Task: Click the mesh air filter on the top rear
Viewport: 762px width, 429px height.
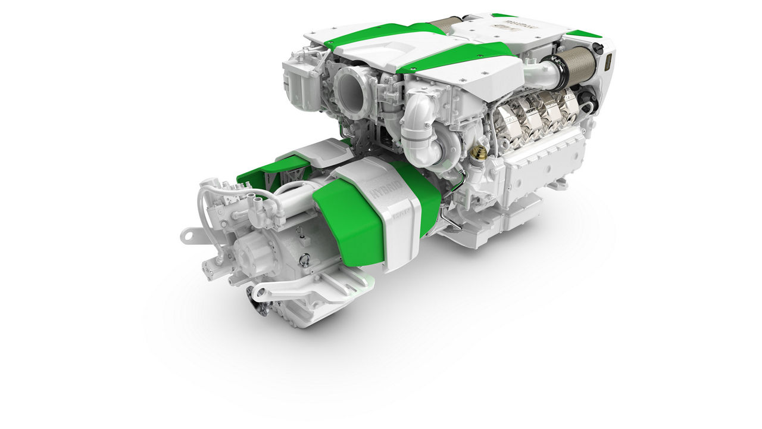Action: pos(445,24)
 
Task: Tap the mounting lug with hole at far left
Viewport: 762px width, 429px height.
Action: pos(190,236)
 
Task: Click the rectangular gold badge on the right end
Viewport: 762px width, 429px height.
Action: pos(609,61)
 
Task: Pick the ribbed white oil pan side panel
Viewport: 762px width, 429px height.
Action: pos(539,161)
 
